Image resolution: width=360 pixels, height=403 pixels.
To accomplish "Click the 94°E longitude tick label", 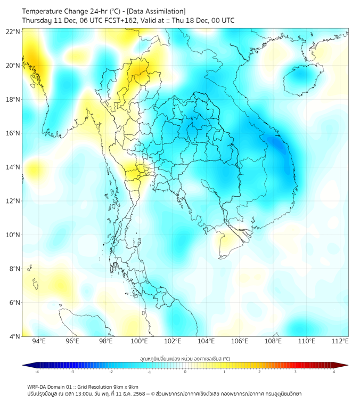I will [x=39, y=341].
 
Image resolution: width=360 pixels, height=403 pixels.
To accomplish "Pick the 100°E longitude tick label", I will [x=139, y=341].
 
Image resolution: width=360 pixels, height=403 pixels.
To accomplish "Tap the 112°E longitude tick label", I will [x=340, y=341].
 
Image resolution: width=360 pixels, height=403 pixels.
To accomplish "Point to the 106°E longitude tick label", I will [x=240, y=341].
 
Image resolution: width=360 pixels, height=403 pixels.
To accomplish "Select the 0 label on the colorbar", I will [x=185, y=372].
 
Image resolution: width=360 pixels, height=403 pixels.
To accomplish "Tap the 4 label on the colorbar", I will [x=334, y=372].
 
